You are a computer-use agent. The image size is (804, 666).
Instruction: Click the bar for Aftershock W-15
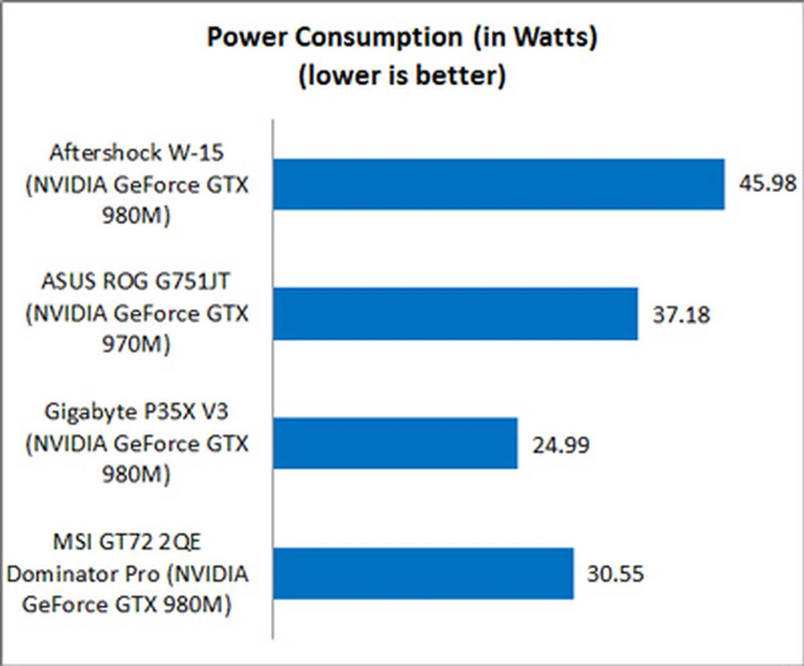[x=498, y=184]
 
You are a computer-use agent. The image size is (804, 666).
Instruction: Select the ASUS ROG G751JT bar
[x=456, y=314]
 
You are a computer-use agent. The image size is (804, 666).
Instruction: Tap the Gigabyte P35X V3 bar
[x=395, y=443]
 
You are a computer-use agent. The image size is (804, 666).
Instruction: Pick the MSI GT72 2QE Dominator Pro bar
[x=423, y=573]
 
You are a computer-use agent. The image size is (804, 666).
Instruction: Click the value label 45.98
[x=767, y=184]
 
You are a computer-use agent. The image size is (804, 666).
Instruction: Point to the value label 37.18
[x=681, y=314]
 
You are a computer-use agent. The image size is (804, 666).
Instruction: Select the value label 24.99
[x=561, y=445]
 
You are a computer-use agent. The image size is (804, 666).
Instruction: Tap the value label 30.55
[x=615, y=574]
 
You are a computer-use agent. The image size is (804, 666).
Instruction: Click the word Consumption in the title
[x=379, y=38]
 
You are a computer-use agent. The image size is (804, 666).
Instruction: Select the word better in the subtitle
[x=461, y=75]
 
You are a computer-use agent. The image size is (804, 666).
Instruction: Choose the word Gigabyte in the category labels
[x=89, y=412]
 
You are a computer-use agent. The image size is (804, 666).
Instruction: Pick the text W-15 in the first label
[x=196, y=153]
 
